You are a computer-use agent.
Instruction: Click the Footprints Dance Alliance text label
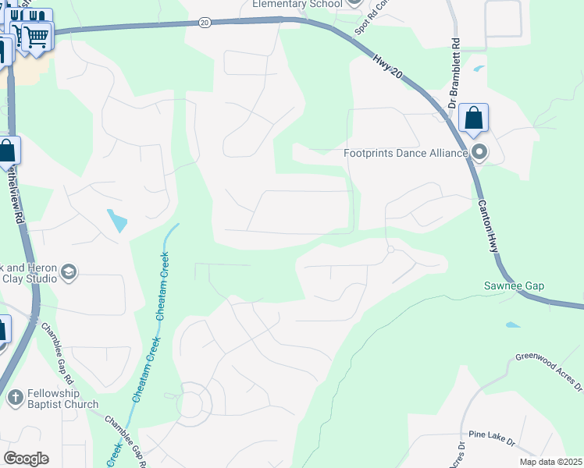[x=405, y=153]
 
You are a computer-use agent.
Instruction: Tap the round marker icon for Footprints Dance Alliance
[x=479, y=153]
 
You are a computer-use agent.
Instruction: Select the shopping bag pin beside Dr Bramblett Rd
[x=473, y=119]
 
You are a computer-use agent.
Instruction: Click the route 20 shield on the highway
[x=204, y=23]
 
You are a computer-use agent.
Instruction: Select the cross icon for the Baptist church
[x=15, y=398]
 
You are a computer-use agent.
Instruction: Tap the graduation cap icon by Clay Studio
[x=68, y=271]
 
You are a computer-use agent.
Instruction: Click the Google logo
[x=26, y=459]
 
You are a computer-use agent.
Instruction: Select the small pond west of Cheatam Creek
[x=117, y=221]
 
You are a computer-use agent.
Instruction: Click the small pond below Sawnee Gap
[x=512, y=324]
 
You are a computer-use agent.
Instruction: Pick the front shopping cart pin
[x=36, y=36]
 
